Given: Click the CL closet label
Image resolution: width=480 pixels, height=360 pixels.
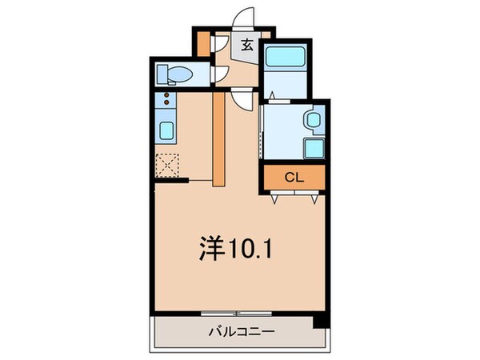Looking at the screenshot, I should pos(292,178).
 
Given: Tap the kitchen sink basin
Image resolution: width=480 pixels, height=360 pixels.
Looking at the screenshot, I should pos(167,130).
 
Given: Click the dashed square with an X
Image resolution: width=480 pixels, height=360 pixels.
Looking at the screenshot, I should pos(166,165).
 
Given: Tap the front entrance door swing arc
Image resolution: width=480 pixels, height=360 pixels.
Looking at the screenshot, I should pos(244,18).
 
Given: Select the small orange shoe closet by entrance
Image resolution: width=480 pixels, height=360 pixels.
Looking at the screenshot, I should pos(203,42).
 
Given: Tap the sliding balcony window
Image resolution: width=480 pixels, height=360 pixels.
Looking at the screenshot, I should pos(238,312).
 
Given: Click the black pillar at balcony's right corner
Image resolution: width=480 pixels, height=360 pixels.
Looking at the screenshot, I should pos(320,321).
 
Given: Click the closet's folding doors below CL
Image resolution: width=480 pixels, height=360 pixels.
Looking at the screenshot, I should pos(293,195).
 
